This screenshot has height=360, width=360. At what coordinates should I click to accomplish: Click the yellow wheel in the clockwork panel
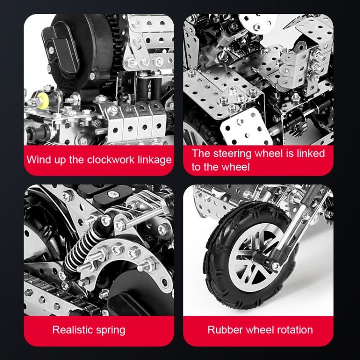tap(43, 100)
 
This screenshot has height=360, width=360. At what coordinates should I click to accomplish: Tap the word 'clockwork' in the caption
tap(111, 160)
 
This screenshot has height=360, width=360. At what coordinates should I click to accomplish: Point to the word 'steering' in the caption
tap(232, 154)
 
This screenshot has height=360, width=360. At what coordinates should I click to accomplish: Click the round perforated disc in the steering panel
tap(258, 23)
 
